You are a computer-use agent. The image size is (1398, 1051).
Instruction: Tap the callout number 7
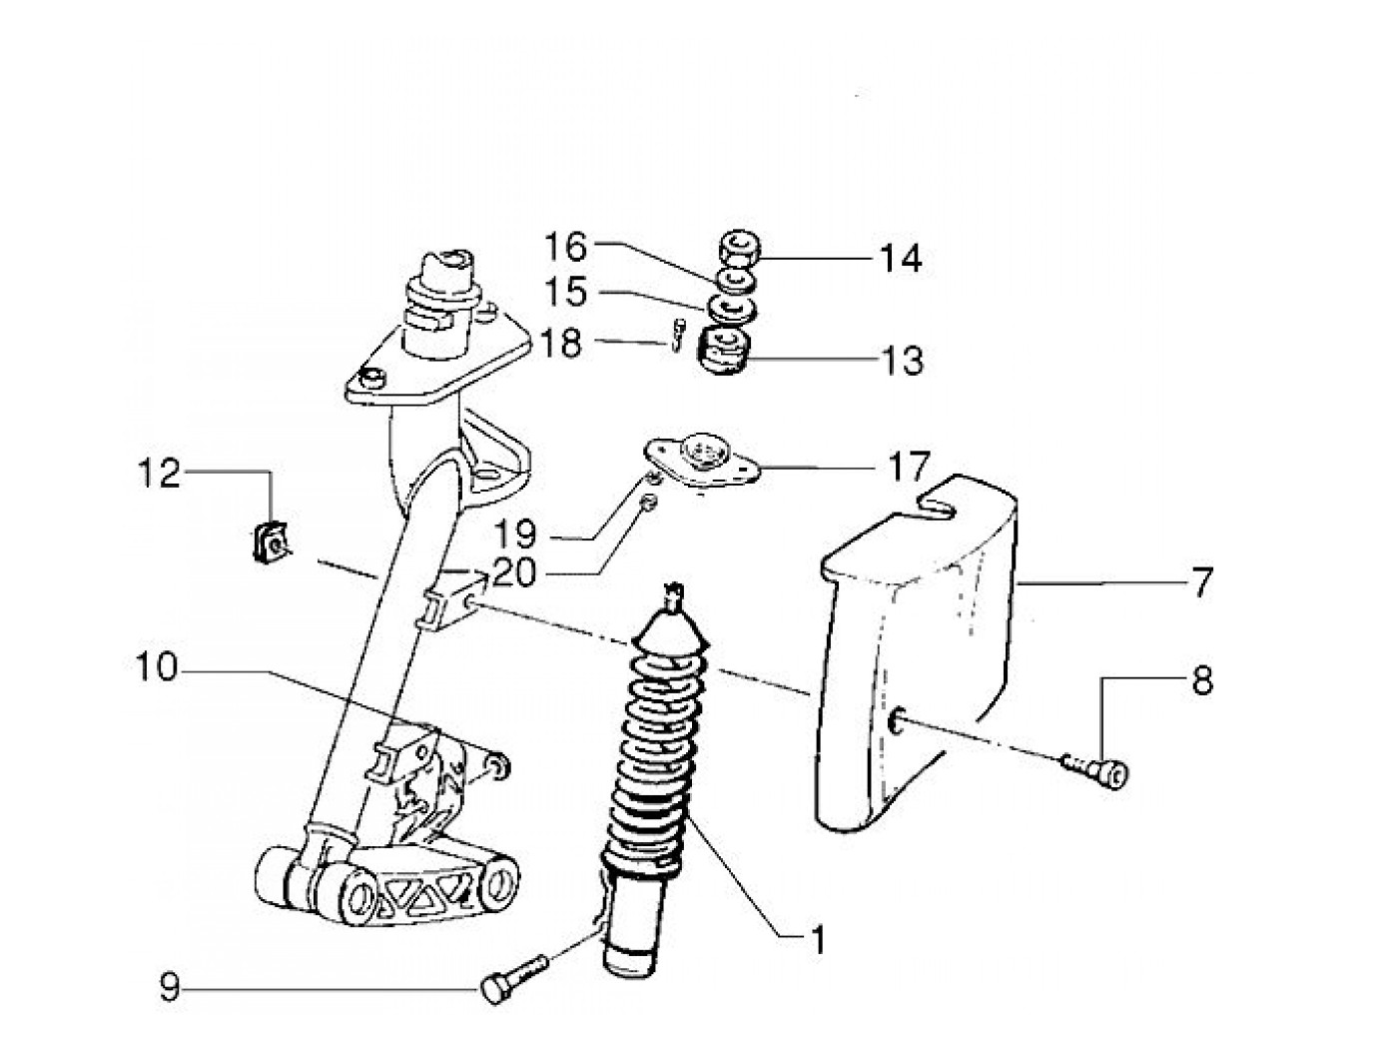click(1201, 582)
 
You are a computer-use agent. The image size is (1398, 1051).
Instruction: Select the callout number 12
click(159, 475)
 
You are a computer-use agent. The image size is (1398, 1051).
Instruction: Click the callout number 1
click(817, 940)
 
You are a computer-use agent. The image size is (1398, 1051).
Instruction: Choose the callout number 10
click(156, 668)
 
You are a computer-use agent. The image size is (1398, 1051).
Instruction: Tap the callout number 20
click(514, 572)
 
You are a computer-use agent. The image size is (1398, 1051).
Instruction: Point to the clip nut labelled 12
click(270, 542)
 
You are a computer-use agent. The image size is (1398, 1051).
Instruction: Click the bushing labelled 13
click(725, 351)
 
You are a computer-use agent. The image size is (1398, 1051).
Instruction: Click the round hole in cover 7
click(896, 723)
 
